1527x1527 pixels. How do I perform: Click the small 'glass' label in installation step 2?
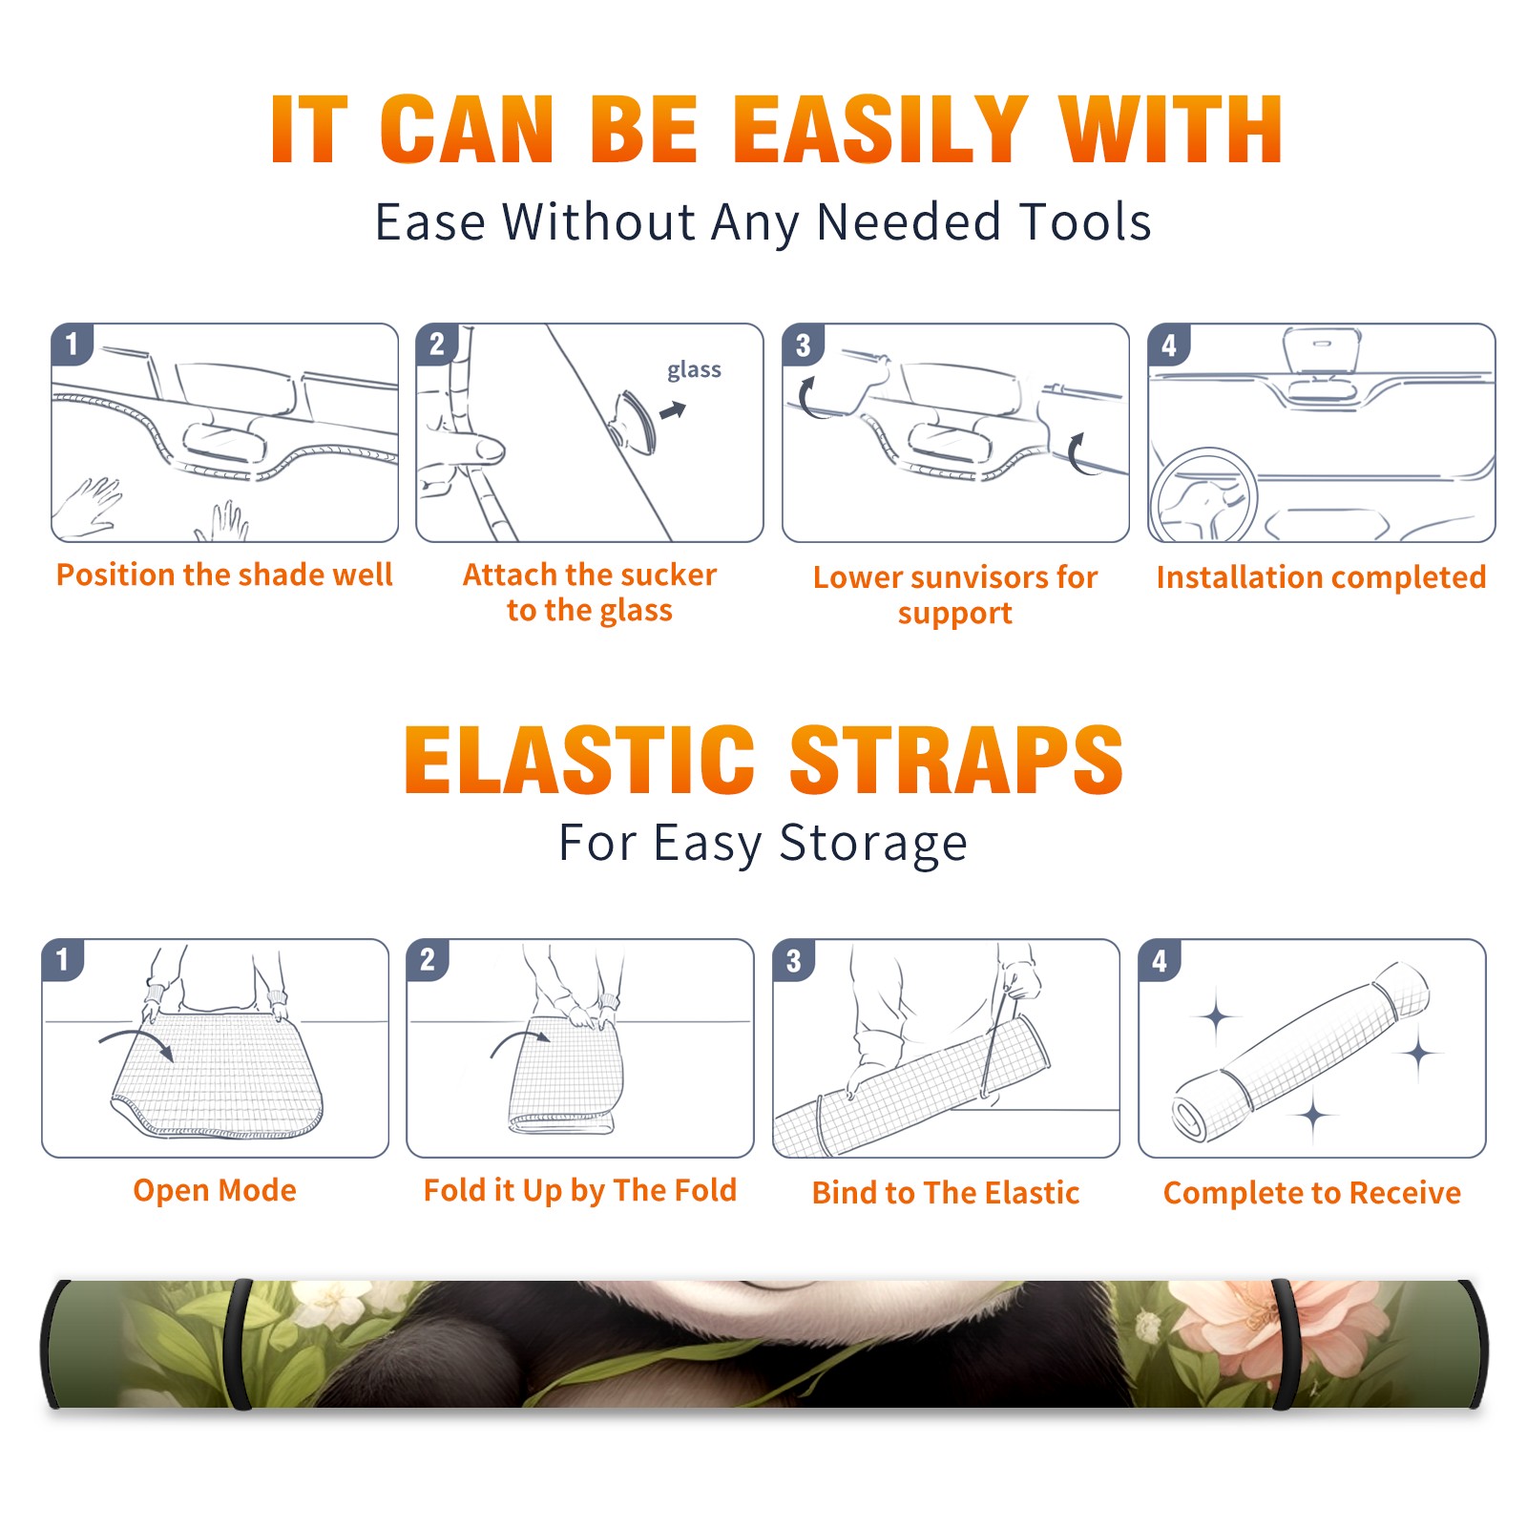(694, 369)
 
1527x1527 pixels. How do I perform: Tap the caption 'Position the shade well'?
(224, 575)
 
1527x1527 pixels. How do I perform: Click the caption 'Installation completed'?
(1321, 576)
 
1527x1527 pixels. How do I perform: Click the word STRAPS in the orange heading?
(956, 760)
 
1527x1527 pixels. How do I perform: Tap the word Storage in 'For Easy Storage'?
(873, 843)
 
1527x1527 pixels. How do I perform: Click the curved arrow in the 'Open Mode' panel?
(136, 1043)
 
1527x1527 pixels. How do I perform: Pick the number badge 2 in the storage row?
(428, 959)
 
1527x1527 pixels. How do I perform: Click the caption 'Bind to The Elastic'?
(945, 1192)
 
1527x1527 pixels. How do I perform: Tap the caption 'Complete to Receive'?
(1311, 1192)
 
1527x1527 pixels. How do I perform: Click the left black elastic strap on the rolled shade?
(239, 1344)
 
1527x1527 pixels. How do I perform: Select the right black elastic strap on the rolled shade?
(1286, 1344)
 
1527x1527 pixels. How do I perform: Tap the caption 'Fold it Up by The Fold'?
(579, 1190)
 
